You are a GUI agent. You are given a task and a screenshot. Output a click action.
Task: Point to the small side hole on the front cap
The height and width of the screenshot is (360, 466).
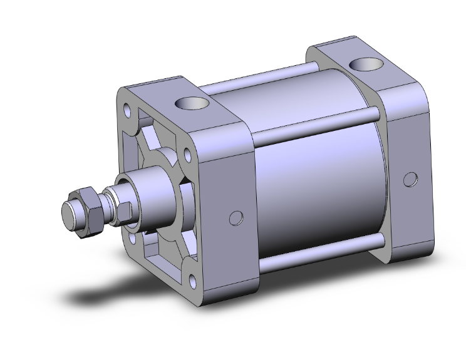tap(236, 218)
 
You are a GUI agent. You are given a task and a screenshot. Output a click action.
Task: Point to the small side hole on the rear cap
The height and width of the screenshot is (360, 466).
tap(410, 179)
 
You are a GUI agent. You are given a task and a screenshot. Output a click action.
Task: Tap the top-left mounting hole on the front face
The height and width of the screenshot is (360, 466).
tap(128, 112)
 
